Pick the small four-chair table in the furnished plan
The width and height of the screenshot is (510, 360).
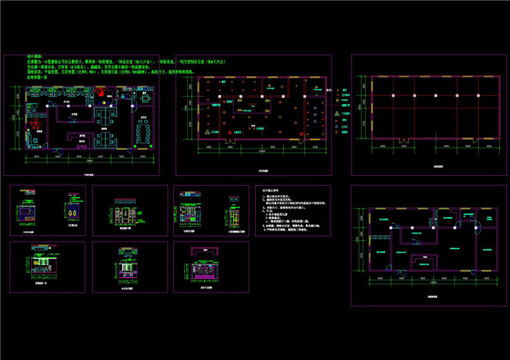(146, 99)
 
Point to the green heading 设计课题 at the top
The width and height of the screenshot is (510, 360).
(34, 57)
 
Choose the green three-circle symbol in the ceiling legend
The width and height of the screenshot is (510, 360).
(337, 111)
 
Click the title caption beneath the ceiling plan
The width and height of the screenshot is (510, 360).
(263, 171)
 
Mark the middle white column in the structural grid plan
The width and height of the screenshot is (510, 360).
(414, 96)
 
